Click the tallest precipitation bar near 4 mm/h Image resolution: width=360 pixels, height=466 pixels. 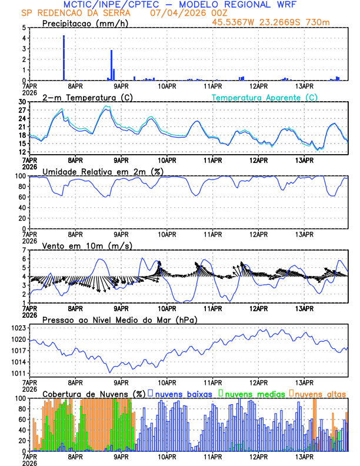64,58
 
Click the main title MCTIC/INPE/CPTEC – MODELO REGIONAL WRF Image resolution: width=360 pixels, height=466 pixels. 180,5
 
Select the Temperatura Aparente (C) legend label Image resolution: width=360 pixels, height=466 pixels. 265,97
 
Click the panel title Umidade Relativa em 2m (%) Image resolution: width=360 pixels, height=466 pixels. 102,171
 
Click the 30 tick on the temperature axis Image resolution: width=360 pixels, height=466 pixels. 24,102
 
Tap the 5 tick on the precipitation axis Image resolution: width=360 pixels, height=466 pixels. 24,28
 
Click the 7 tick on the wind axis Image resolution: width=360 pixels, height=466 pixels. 24,250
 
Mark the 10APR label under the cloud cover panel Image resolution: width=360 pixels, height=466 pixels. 167,456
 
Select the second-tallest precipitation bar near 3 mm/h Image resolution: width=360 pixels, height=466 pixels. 111,65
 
